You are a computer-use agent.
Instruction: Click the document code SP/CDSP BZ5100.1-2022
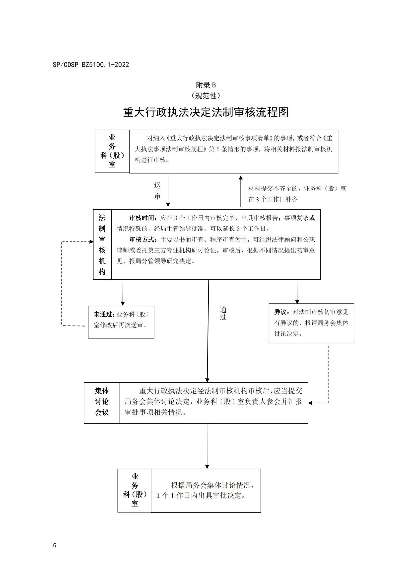click(91, 65)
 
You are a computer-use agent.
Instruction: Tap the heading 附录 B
click(206, 85)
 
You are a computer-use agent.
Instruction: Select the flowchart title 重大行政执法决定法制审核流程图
click(206, 112)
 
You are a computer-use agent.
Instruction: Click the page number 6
click(55, 545)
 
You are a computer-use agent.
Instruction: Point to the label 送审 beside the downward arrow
click(157, 191)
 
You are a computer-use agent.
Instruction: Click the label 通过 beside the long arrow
click(223, 313)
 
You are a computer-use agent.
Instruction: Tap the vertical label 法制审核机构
click(102, 245)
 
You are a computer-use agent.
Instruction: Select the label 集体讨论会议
click(102, 402)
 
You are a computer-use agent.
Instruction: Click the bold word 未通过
click(104, 314)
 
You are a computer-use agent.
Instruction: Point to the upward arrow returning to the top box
click(241, 191)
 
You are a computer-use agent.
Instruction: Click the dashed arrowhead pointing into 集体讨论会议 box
click(310, 403)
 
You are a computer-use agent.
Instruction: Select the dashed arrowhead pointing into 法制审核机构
click(92, 242)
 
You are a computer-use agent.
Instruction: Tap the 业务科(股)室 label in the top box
click(112, 151)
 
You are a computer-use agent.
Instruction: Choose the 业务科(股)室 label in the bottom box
click(135, 490)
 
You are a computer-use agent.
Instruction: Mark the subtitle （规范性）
click(206, 96)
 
